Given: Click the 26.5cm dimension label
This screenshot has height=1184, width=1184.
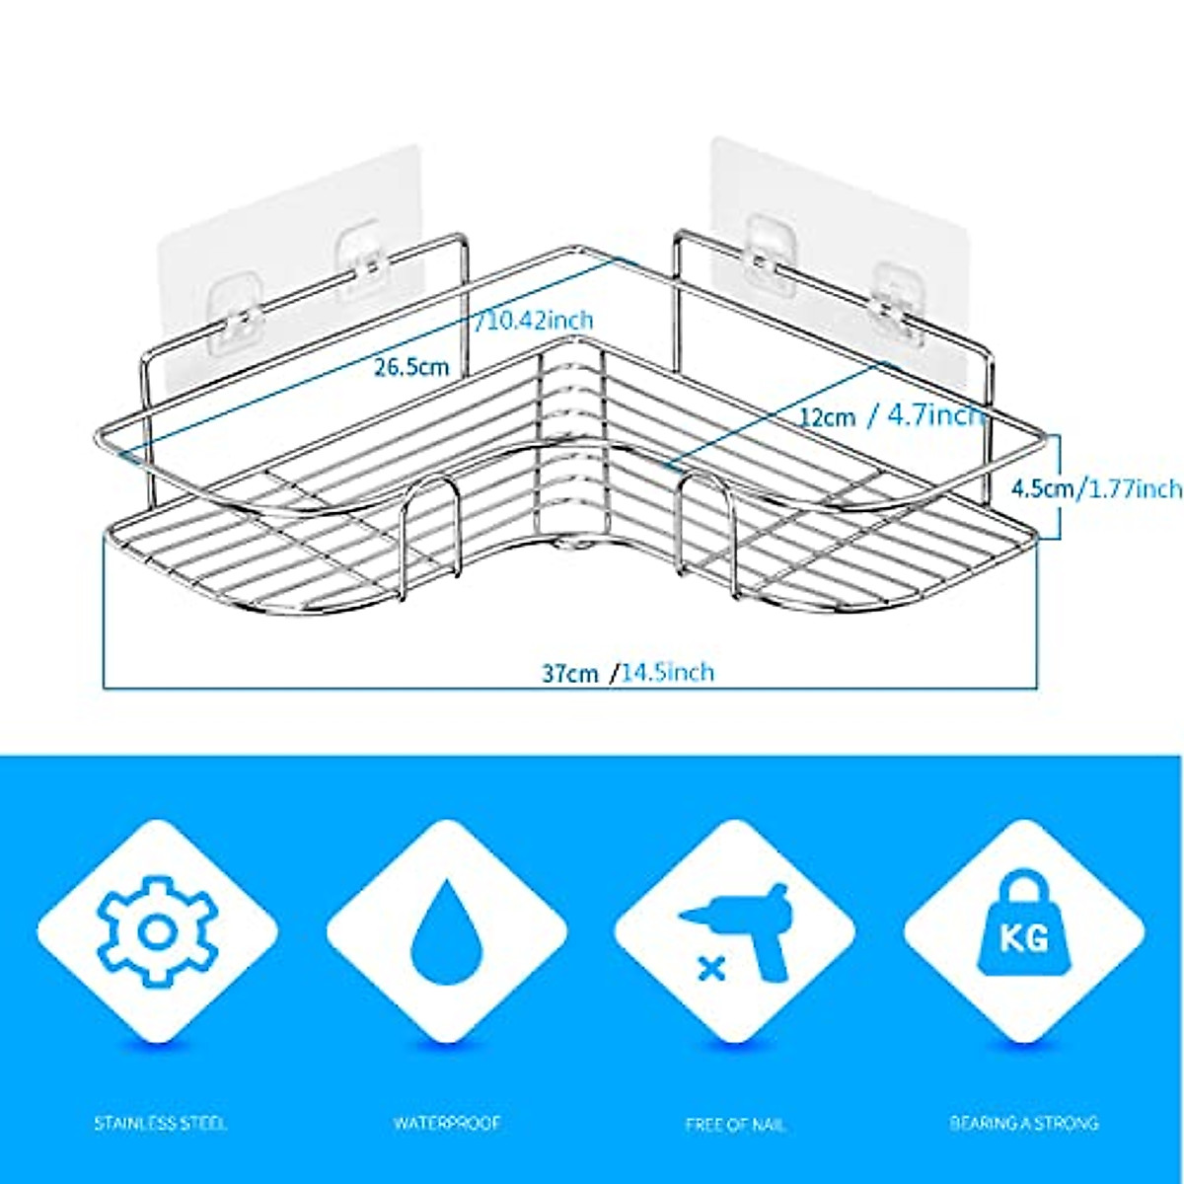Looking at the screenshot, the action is (411, 367).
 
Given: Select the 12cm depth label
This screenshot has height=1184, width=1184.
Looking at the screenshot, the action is (827, 416).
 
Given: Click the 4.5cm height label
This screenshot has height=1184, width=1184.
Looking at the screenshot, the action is (1044, 487).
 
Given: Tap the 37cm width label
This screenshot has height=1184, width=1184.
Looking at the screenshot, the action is (569, 673).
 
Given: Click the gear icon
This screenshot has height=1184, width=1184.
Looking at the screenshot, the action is (157, 932).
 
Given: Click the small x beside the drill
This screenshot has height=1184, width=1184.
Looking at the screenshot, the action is (707, 968).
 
